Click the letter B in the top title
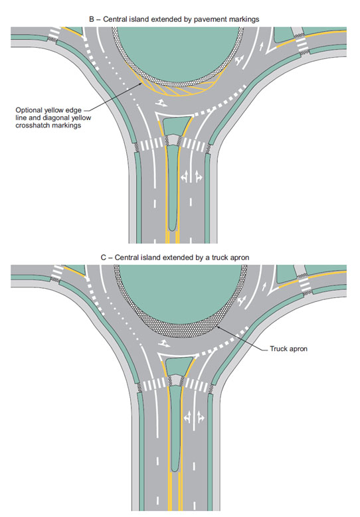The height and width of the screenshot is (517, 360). (x=92, y=19)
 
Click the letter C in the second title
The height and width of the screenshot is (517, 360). (x=103, y=258)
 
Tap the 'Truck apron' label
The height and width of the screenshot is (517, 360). (x=288, y=349)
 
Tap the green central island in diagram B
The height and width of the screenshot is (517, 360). (x=178, y=51)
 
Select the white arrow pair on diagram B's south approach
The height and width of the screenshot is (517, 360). (x=192, y=177)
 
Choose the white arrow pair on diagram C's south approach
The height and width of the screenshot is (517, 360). (x=194, y=417)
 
